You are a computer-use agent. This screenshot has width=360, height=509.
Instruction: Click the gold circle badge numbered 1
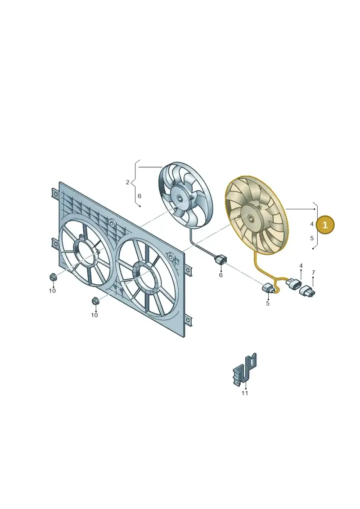pyautogui.click(x=325, y=225)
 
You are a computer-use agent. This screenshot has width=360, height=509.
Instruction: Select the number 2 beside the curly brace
pyautogui.click(x=127, y=182)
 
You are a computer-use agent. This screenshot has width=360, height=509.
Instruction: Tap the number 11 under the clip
pyautogui.click(x=245, y=393)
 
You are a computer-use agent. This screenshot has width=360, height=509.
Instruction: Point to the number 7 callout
pyautogui.click(x=313, y=272)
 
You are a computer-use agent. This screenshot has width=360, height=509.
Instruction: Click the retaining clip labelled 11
pyautogui.click(x=245, y=369)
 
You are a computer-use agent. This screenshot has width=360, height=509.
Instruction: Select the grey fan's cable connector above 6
pyautogui.click(x=220, y=260)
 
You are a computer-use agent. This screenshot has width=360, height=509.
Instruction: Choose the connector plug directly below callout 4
pyautogui.click(x=293, y=285)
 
